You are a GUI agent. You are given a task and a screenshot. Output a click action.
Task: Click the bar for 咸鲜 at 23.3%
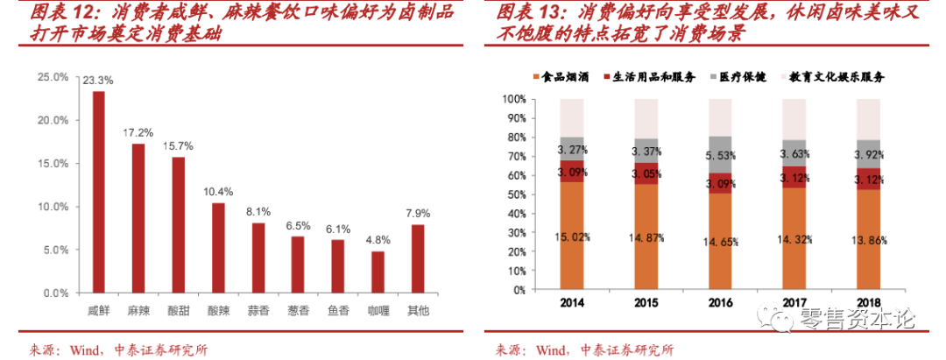(x=98, y=193)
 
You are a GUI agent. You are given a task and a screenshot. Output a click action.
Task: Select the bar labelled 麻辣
(x=138, y=219)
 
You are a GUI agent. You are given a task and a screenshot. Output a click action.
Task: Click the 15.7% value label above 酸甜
(x=178, y=145)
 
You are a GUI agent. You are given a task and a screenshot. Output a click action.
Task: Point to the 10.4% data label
(x=217, y=191)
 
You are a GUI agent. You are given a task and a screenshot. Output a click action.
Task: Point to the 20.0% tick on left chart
(x=53, y=121)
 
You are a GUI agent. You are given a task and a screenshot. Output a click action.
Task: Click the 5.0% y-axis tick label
(x=54, y=251)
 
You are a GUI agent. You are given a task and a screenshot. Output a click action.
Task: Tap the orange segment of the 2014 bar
(x=572, y=236)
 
